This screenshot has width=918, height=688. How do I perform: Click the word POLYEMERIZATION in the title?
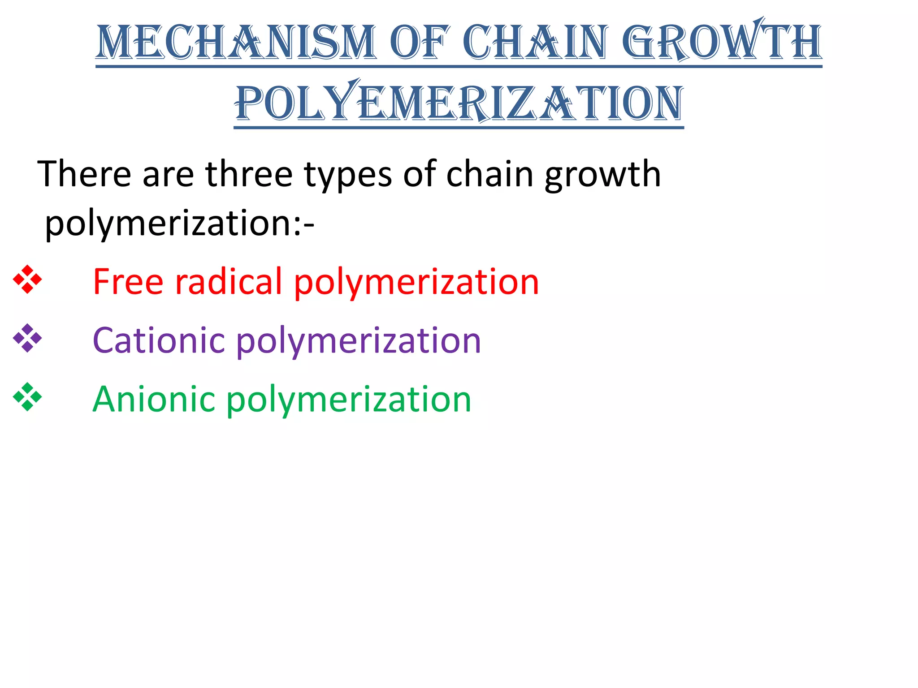click(x=459, y=103)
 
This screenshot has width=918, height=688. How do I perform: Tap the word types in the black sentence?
click(x=348, y=175)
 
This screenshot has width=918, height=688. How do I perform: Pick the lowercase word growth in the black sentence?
click(x=602, y=175)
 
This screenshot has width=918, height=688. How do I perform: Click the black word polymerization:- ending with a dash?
click(x=179, y=224)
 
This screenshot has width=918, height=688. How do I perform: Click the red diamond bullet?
click(x=27, y=279)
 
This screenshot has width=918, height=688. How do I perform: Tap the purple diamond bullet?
click(x=27, y=338)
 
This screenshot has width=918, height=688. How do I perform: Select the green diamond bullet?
click(x=27, y=397)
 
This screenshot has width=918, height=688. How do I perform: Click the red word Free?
click(x=128, y=281)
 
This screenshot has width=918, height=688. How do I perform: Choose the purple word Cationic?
click(x=158, y=340)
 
